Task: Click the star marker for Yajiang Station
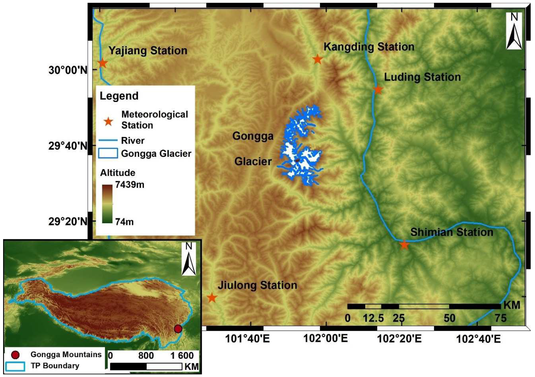click(103, 63)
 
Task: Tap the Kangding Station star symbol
click(317, 59)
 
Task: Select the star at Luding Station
click(378, 90)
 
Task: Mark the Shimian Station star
click(404, 245)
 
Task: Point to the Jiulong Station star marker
click(212, 298)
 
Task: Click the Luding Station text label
click(422, 77)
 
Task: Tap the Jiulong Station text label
click(257, 285)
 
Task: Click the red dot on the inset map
click(178, 329)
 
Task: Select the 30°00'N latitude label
click(68, 70)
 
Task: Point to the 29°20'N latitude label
click(68, 221)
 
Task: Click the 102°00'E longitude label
click(326, 339)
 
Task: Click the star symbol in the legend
click(108, 122)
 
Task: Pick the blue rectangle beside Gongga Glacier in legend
click(108, 153)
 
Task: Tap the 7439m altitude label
click(130, 185)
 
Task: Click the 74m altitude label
click(124, 222)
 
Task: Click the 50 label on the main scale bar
click(449, 318)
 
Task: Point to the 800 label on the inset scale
click(146, 355)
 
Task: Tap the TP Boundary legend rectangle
click(15, 366)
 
